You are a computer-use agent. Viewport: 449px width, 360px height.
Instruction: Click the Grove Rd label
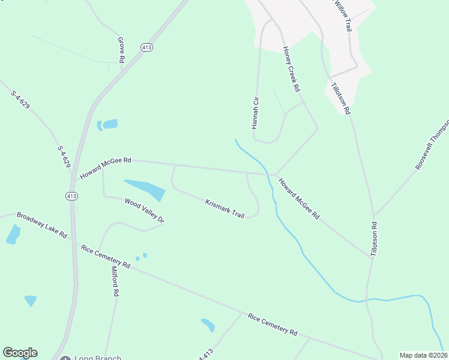point(121,50)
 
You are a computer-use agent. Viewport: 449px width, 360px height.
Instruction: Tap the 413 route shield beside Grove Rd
point(146,46)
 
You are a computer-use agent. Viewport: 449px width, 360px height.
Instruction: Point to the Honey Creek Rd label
point(291,68)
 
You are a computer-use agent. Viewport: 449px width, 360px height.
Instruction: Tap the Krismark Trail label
point(225,209)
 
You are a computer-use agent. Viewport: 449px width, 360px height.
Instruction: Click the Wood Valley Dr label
point(144,210)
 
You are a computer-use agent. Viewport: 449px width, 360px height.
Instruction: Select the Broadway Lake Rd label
point(41,225)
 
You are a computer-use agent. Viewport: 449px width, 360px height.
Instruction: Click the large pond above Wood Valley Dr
point(145,189)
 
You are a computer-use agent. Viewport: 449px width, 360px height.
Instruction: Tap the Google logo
point(20,353)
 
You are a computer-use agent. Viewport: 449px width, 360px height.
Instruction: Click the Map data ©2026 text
point(423,355)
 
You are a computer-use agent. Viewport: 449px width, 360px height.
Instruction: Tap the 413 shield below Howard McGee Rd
point(71,196)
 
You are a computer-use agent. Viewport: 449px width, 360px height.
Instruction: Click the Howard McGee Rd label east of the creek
point(298,197)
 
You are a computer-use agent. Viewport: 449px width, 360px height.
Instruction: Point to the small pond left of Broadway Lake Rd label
point(13,235)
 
